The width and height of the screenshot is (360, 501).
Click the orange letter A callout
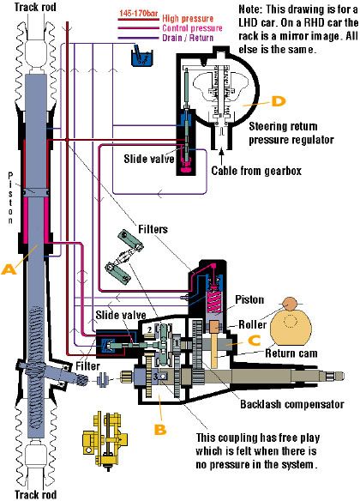pos(9,269)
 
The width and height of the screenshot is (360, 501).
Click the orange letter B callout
pos(160,429)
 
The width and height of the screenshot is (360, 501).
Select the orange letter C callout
pos(255,341)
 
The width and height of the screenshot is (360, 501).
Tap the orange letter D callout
pos(279,101)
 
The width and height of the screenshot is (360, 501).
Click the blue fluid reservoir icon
pos(142,57)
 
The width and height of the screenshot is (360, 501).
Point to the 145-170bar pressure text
pos(138,14)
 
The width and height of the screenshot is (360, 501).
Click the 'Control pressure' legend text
pos(192,28)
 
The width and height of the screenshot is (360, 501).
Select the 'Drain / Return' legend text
pos(188,38)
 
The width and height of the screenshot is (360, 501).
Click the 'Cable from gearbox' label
pos(256,171)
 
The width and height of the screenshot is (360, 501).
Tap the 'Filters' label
pos(153,229)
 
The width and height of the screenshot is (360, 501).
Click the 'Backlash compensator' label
pos(292,404)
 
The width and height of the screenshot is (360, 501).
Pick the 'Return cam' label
pos(291,353)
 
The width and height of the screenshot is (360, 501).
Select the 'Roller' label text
pos(253,324)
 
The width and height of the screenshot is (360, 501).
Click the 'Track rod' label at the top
pos(35,7)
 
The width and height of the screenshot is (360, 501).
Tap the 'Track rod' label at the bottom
pos(35,495)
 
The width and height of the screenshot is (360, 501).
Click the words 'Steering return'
pos(283,126)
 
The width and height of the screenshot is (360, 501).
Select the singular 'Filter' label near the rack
pos(87,365)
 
